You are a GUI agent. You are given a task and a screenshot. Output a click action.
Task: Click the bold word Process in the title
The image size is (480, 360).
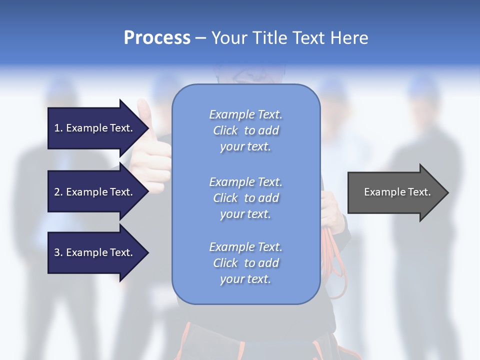tap(157, 38)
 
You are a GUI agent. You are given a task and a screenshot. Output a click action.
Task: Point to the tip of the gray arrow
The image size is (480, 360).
tap(447, 192)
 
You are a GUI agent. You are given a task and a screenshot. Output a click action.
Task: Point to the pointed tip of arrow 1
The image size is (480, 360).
tap(148, 128)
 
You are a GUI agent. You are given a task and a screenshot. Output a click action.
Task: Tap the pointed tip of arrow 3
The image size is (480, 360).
tap(148, 252)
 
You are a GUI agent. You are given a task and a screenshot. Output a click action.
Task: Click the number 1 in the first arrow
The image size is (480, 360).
tap(57, 128)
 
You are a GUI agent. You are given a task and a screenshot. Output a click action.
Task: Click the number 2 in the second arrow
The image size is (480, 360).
tap(57, 192)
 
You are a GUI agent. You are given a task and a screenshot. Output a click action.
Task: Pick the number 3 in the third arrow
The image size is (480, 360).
tap(57, 252)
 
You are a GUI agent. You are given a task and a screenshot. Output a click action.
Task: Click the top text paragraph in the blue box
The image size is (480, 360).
tap(245, 130)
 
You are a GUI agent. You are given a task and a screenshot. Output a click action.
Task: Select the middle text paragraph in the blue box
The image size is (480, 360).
tap(245, 198)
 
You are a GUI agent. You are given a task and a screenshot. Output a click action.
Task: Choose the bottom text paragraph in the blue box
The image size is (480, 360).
tap(245, 263)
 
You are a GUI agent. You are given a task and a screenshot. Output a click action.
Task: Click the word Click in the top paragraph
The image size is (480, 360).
tap(225, 130)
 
